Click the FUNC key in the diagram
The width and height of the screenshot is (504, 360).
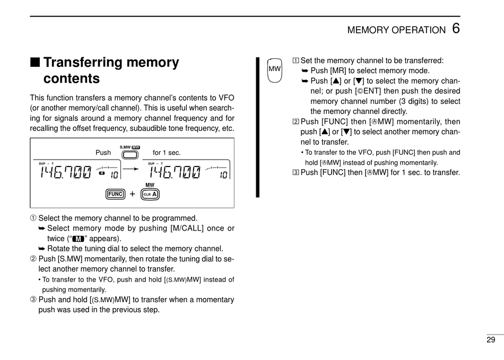coord(115,194)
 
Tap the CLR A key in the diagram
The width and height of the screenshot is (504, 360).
coord(150,195)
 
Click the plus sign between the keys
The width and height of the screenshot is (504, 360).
coord(132,194)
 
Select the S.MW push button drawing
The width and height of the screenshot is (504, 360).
coord(129,155)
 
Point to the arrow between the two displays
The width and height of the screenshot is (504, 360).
coord(132,165)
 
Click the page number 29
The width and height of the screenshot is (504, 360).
coord(490,340)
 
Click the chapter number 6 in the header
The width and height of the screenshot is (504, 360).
coord(456,28)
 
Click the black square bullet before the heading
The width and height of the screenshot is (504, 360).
coord(34,63)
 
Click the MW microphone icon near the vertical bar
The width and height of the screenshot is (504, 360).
coord(274,70)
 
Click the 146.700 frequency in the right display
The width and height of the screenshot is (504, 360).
coord(175,173)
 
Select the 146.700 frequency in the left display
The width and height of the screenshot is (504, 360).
coord(65,173)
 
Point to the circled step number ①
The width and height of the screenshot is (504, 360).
coord(33,218)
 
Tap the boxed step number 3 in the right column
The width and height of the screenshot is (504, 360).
coord(296,172)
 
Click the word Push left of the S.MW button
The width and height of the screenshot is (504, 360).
coord(103,153)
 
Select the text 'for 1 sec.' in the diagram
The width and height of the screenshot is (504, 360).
coord(167,153)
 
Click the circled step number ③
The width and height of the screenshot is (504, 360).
coord(33,300)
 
